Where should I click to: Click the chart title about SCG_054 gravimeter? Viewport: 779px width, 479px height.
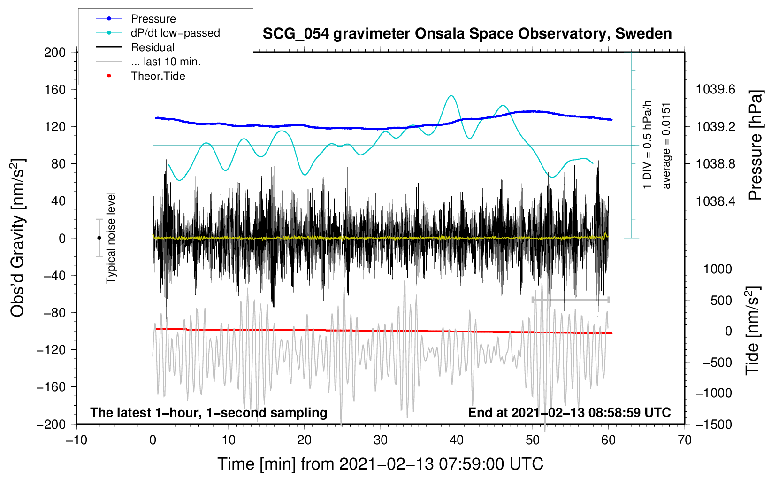click(467, 34)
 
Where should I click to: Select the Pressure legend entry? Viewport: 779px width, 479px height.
click(153, 19)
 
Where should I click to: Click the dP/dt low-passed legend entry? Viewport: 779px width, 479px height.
click(175, 33)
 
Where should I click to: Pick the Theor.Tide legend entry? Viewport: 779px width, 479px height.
click(158, 76)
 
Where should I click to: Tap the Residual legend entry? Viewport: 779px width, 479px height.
click(153, 47)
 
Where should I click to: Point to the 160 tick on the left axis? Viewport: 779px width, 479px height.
click(55, 89)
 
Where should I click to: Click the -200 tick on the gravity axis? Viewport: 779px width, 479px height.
click(51, 424)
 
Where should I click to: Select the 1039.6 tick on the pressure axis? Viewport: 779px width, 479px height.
click(716, 89)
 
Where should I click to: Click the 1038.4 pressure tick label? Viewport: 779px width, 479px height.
click(716, 201)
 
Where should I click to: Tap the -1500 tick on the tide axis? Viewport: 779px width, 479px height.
click(714, 424)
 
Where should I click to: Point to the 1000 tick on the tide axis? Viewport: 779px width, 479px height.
click(718, 269)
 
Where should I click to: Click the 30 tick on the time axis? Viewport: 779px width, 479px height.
click(381, 440)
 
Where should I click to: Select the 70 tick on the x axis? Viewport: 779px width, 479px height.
click(685, 440)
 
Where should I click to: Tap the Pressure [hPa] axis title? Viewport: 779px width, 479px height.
click(756, 146)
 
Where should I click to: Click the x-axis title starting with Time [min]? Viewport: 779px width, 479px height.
click(381, 464)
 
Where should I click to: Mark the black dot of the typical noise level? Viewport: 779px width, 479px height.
click(99, 238)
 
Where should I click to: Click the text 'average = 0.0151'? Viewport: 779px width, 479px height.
click(666, 146)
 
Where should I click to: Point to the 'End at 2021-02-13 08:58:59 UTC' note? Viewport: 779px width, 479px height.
click(569, 412)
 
